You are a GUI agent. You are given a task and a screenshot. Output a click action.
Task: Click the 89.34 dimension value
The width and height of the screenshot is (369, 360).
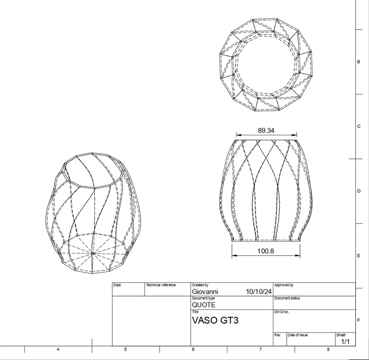266,131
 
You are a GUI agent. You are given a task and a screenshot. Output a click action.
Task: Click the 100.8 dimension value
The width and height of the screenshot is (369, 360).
266,251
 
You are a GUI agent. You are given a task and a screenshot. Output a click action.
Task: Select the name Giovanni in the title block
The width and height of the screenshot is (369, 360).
205,292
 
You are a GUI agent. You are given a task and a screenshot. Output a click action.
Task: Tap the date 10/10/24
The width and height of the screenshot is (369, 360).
259,292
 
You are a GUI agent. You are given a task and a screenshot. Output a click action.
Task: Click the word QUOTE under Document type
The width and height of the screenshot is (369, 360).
203,305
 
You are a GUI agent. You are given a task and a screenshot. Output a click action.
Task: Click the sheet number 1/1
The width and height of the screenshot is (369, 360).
345,342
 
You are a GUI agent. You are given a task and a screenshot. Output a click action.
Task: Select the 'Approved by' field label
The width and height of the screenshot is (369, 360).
284,285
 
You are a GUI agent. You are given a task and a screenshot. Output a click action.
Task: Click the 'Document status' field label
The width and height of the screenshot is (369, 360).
287,298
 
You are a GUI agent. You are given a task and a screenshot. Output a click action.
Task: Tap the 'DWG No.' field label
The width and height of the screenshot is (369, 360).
281,312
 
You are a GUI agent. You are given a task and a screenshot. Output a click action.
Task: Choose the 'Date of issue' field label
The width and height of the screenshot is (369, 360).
298,335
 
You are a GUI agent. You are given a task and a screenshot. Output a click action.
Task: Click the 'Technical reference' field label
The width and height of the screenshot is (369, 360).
161,285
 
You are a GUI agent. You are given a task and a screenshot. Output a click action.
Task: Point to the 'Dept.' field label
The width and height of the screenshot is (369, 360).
117,285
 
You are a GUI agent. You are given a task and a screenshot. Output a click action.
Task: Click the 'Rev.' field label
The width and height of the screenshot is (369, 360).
277,335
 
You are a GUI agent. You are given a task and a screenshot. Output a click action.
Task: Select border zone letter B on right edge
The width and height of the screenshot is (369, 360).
359,62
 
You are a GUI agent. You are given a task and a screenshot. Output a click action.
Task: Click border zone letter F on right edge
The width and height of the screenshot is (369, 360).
359,320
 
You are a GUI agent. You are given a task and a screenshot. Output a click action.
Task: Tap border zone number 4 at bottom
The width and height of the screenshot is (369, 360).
58,350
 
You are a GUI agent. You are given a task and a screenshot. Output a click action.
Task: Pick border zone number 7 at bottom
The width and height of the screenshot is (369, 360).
260,350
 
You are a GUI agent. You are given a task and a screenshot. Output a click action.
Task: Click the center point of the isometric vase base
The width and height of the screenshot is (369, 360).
93,252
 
